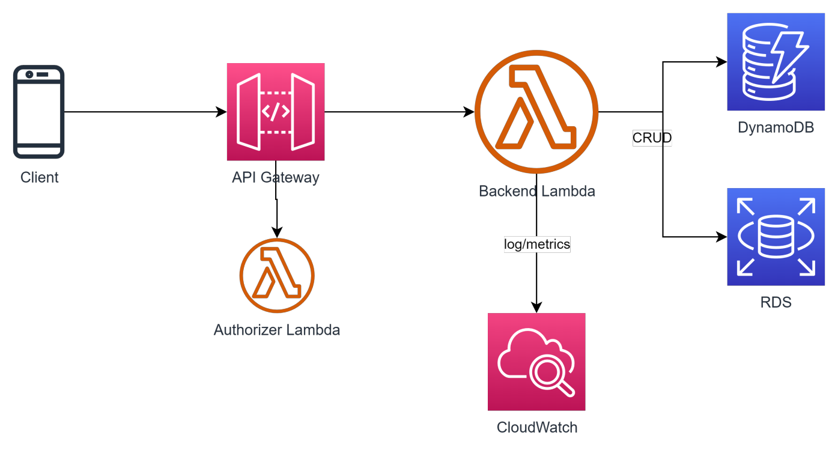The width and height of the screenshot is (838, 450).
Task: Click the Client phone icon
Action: (x=39, y=112)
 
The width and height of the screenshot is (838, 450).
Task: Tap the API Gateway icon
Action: (x=276, y=112)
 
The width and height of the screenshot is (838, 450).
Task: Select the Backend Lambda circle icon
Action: (x=536, y=112)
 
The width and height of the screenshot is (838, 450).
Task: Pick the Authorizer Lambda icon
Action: (x=277, y=276)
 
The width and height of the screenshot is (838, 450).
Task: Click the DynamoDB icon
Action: (x=776, y=62)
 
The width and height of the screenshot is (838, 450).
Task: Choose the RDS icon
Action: (x=776, y=237)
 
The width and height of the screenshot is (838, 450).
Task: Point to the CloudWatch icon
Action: (x=536, y=362)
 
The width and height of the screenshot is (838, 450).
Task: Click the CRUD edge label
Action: (x=652, y=138)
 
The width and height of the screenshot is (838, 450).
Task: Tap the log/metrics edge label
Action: (x=536, y=245)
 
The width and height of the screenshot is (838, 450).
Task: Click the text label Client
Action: (x=40, y=178)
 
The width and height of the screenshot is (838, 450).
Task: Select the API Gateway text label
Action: (x=276, y=178)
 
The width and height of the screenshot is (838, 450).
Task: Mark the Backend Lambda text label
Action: (x=536, y=192)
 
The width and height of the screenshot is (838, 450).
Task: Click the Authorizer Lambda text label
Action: (x=277, y=330)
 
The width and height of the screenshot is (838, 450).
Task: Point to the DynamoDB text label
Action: (x=776, y=127)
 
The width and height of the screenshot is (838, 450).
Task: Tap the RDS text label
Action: (x=776, y=302)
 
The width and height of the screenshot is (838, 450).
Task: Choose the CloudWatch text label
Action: (x=536, y=428)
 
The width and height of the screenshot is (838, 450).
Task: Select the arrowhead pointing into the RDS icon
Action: (x=722, y=237)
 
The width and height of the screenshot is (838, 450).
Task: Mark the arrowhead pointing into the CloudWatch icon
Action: (x=536, y=308)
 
